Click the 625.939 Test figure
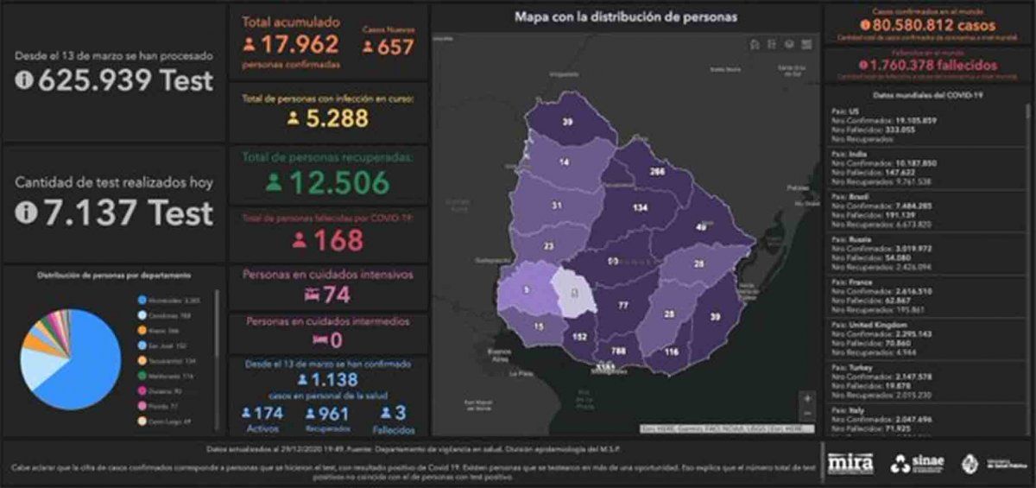124,80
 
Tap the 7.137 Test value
124,212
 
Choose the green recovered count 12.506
338,182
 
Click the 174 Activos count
268,413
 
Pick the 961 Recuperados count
333,413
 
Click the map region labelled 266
656,172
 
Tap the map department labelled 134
640,208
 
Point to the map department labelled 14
563,162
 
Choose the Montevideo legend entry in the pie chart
167,300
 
